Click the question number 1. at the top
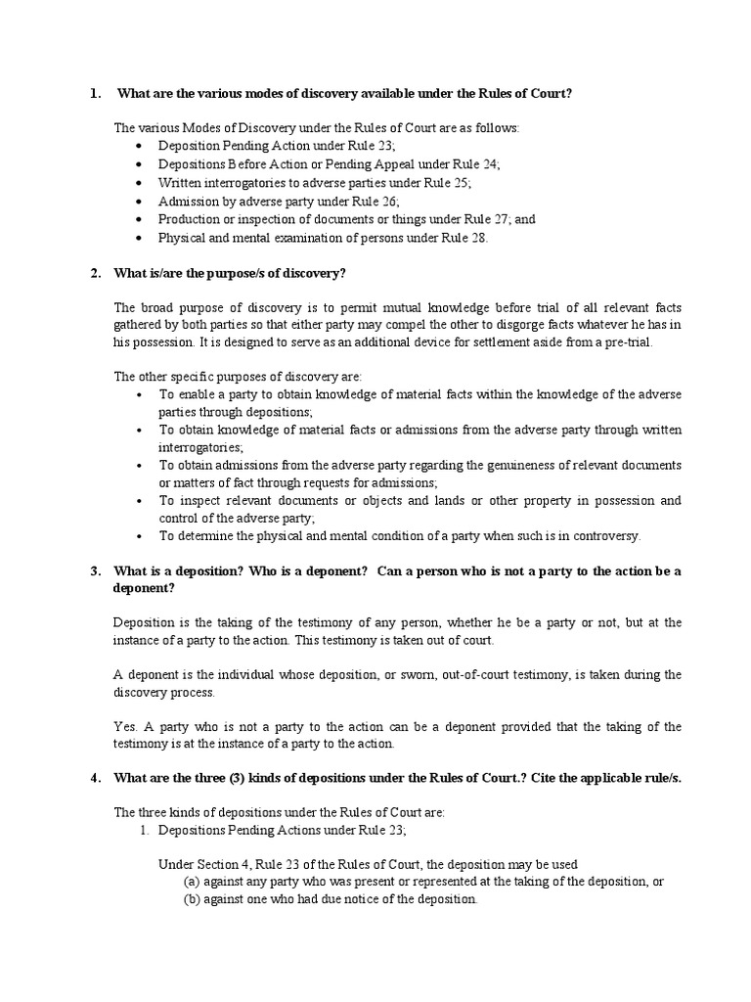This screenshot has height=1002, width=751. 95,94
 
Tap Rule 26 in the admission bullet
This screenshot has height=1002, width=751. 373,201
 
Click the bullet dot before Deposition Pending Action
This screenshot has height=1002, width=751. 141,147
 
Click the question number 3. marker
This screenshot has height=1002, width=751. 95,570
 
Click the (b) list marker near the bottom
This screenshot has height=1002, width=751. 192,899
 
